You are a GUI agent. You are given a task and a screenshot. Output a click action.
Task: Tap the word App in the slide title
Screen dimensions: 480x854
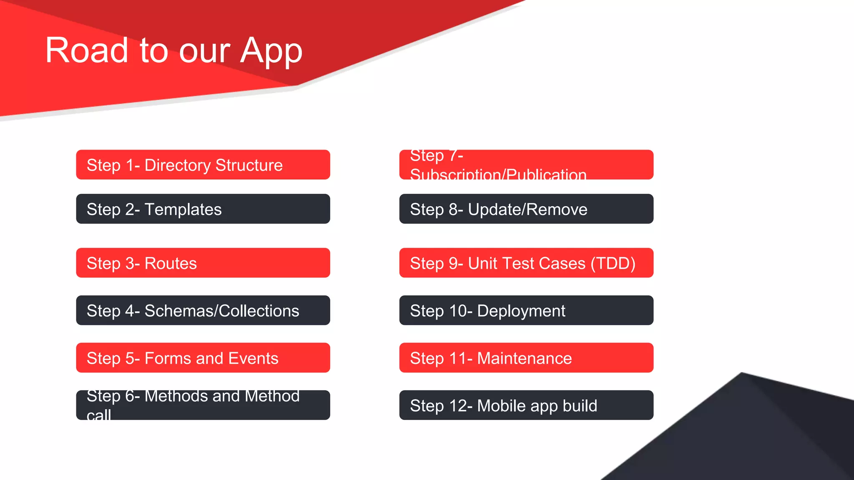pyautogui.click(x=271, y=51)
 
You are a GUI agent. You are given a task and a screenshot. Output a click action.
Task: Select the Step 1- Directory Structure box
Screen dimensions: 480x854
pyautogui.click(x=203, y=165)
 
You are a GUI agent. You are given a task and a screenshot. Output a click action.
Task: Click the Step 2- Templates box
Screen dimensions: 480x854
pyautogui.click(x=203, y=209)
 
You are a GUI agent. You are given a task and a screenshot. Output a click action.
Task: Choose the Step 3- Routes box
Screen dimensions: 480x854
pyautogui.click(x=203, y=263)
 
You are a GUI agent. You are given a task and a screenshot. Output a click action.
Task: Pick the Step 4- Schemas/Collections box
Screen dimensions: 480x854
pyautogui.click(x=203, y=310)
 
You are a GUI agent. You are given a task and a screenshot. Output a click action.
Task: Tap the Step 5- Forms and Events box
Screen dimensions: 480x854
pyautogui.click(x=203, y=358)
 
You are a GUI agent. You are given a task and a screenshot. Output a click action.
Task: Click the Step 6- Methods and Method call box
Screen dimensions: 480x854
pyautogui.click(x=203, y=405)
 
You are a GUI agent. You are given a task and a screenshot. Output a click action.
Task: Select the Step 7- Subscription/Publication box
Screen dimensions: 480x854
pyautogui.click(x=526, y=165)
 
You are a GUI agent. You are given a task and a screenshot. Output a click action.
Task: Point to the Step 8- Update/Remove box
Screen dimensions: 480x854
pyautogui.click(x=526, y=209)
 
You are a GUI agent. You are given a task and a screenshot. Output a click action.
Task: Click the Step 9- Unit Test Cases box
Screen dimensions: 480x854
pyautogui.click(x=526, y=263)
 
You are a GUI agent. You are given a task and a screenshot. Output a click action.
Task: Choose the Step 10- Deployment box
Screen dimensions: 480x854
pyautogui.click(x=526, y=310)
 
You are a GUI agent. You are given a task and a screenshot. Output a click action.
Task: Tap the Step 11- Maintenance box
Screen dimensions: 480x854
pyautogui.click(x=526, y=358)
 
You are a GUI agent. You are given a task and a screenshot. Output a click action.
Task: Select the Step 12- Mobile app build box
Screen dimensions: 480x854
pyautogui.click(x=526, y=405)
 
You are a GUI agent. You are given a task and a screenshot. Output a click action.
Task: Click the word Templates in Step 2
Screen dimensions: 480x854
pyautogui.click(x=183, y=210)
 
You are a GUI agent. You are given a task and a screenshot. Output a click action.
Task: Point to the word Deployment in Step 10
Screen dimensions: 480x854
pyautogui.click(x=521, y=311)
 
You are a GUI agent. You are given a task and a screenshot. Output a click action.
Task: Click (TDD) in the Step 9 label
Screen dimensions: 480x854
pyautogui.click(x=613, y=264)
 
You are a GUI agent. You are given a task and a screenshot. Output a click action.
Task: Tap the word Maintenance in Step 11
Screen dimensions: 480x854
pyautogui.click(x=524, y=358)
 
